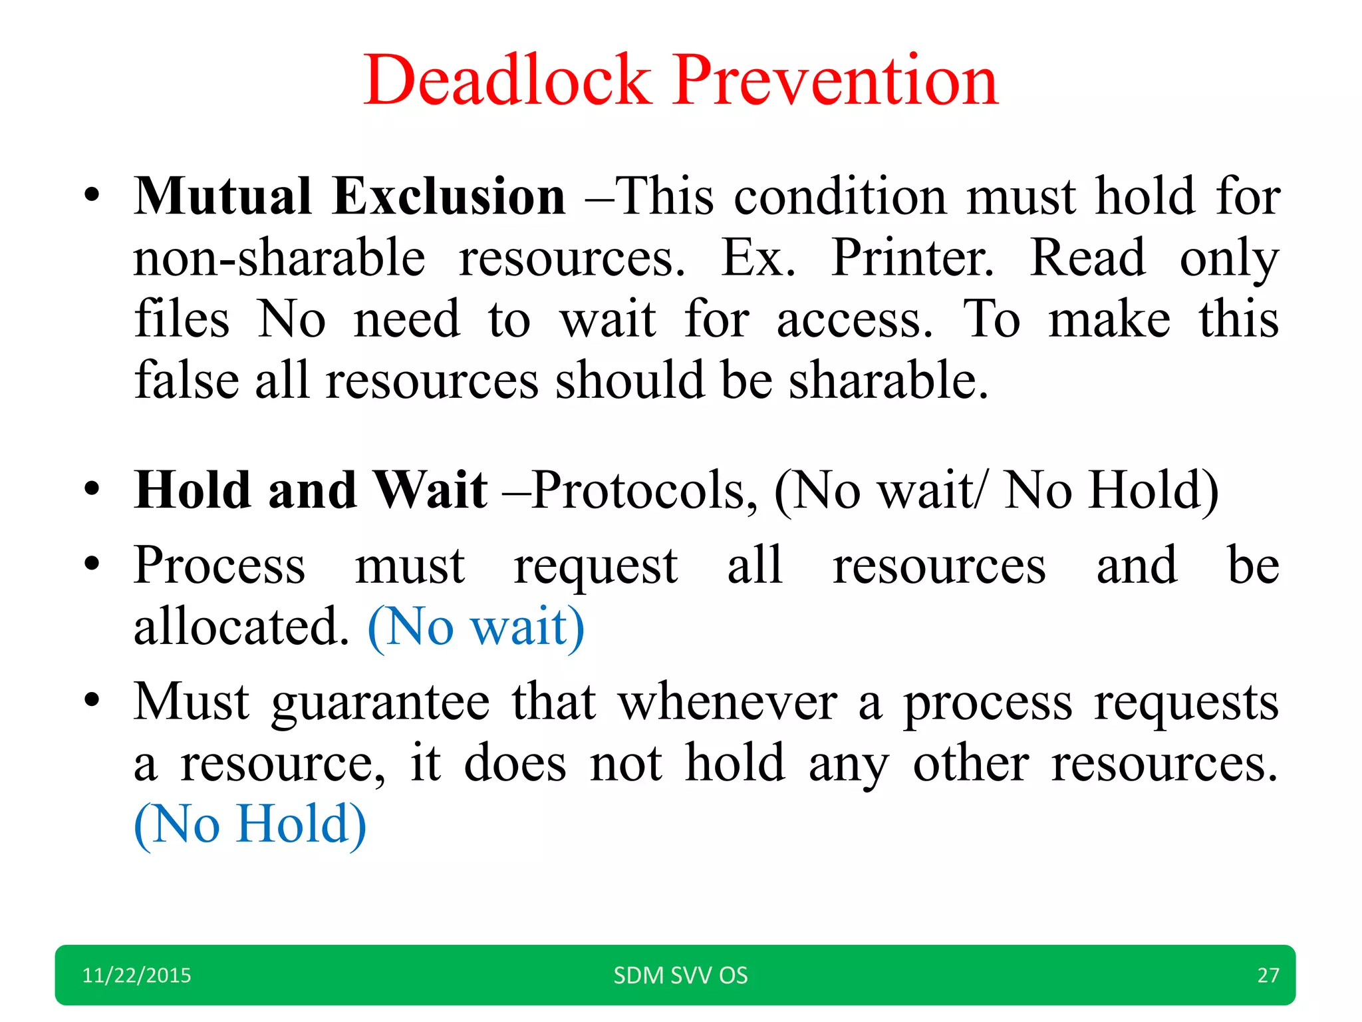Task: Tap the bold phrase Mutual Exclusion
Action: click(350, 197)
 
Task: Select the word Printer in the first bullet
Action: click(912, 258)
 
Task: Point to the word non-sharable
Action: click(279, 258)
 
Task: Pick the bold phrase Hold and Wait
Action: click(311, 490)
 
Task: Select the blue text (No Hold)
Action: click(250, 824)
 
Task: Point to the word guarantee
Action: click(380, 703)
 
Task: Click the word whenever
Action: click(728, 703)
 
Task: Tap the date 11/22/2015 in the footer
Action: click(136, 975)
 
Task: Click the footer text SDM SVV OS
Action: click(680, 975)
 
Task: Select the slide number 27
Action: click(1268, 975)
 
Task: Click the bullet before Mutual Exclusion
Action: click(92, 197)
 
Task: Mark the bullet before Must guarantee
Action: click(92, 701)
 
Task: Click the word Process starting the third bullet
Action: click(219, 566)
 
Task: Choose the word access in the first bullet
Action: click(854, 319)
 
